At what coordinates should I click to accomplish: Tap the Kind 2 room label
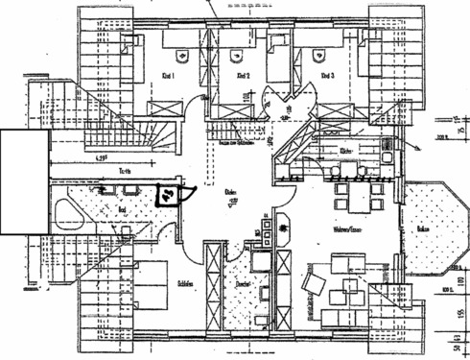[242, 74]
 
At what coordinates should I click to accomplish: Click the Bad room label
[121, 207]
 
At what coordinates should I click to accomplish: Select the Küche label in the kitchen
[347, 151]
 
